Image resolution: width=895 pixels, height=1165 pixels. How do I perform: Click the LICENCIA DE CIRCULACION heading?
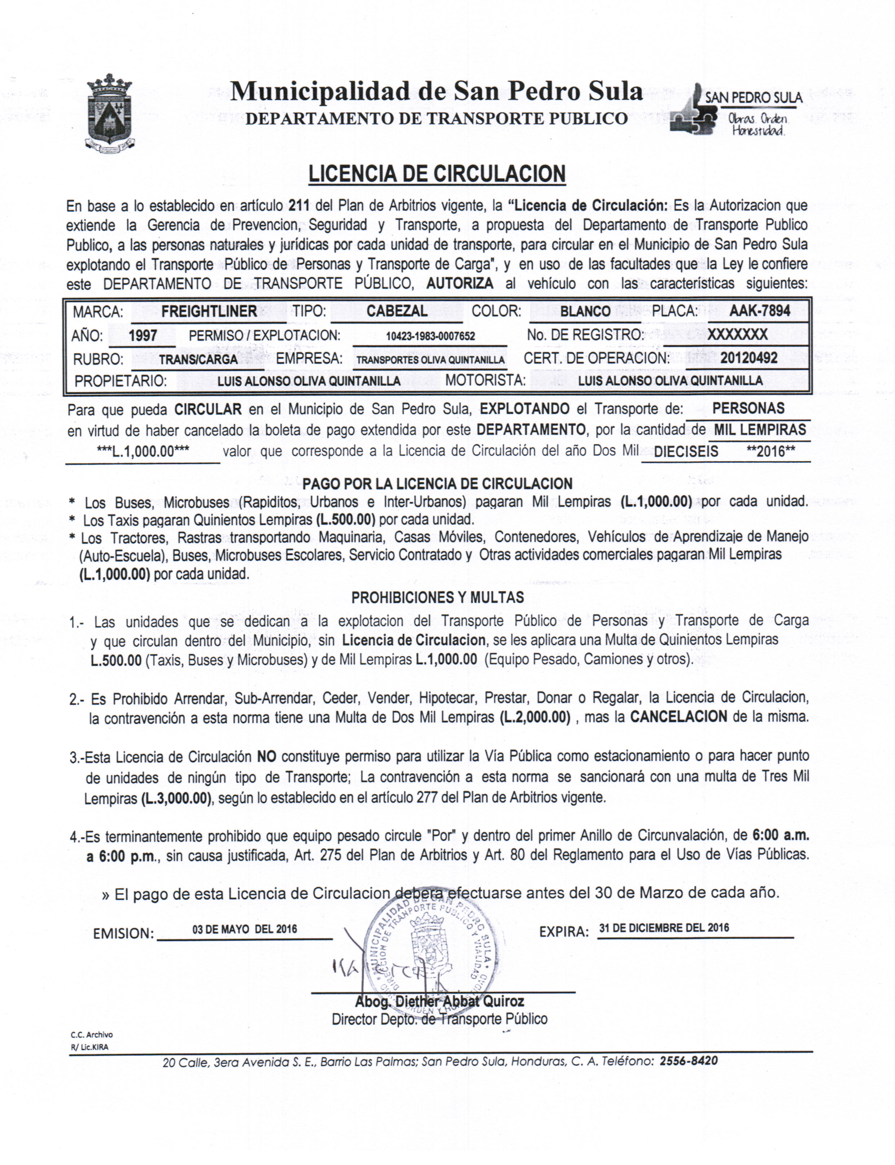click(437, 174)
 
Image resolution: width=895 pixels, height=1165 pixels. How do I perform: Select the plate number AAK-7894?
click(759, 311)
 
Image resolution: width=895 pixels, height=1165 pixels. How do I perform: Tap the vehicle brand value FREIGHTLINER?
click(209, 311)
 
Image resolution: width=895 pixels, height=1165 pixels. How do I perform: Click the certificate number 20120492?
click(748, 358)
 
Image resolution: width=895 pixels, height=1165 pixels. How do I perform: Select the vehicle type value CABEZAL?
click(397, 311)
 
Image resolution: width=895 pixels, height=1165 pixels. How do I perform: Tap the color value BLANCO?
click(585, 311)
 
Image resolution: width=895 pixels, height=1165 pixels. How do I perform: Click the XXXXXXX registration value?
click(737, 334)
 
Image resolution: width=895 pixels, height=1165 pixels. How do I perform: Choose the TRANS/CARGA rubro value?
click(198, 359)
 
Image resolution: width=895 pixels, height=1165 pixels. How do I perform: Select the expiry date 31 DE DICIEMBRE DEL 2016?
click(664, 928)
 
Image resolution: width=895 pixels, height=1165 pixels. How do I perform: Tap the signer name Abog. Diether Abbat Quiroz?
click(440, 1002)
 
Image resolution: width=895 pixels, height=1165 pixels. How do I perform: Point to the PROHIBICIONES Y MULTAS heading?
click(437, 597)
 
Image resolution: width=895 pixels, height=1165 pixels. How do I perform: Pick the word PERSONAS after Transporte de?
click(748, 408)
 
